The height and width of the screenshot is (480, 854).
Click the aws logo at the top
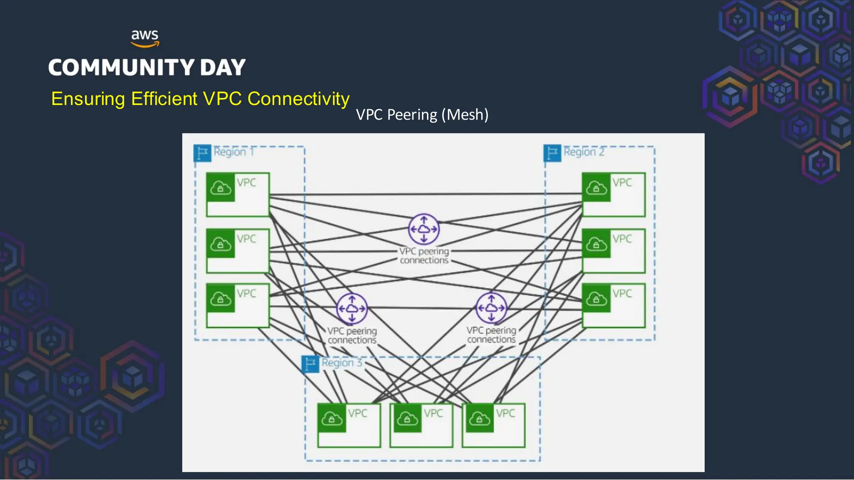(x=145, y=38)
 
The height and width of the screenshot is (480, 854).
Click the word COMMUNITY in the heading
(x=121, y=67)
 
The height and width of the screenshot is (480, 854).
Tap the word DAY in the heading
(x=223, y=67)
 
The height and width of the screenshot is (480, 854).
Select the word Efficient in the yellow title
(x=164, y=99)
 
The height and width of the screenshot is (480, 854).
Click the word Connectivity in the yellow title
(x=298, y=99)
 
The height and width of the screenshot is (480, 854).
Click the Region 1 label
(x=234, y=152)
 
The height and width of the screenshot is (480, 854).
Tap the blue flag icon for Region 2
(x=552, y=153)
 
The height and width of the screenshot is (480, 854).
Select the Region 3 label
(x=342, y=363)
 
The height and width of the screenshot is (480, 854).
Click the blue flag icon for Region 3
(x=310, y=364)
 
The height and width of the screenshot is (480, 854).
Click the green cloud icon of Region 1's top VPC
(x=221, y=188)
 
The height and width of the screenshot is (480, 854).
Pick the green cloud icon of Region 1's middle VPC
(x=221, y=244)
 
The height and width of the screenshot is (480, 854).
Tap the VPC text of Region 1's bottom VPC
(x=246, y=294)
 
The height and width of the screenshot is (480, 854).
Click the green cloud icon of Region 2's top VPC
(x=596, y=188)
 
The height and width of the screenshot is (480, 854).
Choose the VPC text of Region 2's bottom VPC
(x=622, y=294)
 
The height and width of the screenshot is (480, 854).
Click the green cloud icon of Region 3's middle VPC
(x=407, y=418)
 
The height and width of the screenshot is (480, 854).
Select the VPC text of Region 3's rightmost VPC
(x=505, y=413)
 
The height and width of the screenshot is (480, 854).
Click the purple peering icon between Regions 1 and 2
(x=424, y=229)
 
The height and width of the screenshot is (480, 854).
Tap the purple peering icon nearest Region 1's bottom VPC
(x=352, y=309)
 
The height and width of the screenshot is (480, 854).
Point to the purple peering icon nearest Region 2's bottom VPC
(x=491, y=308)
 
